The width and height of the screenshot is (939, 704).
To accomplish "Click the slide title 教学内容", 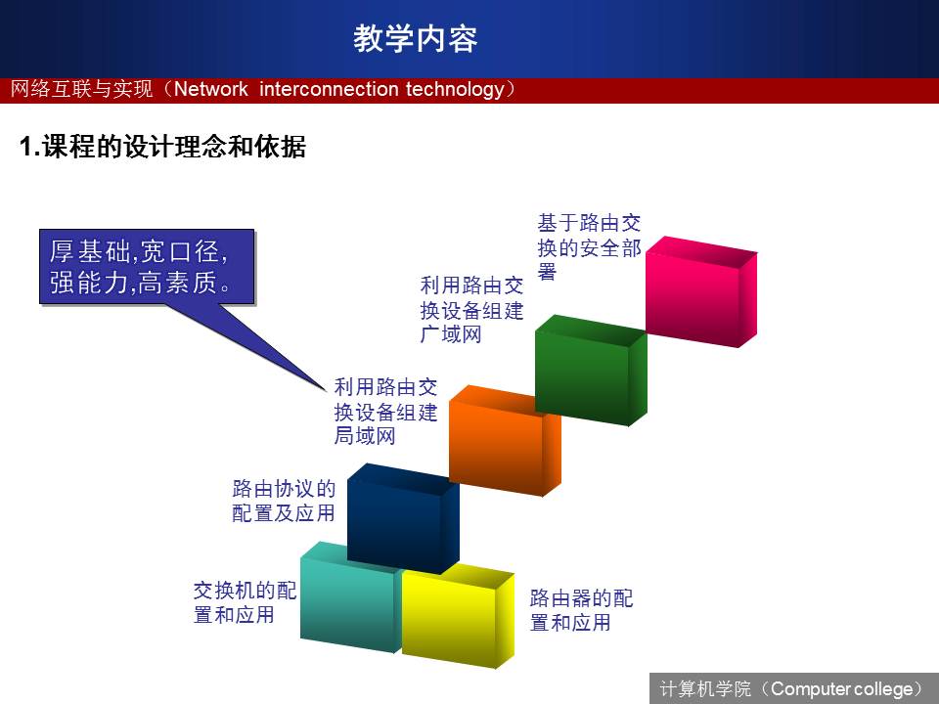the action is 415,38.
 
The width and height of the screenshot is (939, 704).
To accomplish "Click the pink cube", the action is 701,291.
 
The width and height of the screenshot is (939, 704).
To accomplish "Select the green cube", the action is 591,370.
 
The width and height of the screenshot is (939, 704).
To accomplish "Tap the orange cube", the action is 505,441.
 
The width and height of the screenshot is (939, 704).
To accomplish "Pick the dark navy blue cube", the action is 403,518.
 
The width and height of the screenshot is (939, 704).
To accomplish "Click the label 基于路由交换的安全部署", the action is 589,247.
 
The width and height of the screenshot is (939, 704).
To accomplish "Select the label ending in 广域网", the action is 471,310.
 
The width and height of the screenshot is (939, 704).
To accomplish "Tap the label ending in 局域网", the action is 385,412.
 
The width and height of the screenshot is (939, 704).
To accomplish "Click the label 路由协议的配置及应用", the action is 284,501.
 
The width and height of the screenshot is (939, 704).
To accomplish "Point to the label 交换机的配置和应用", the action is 245,602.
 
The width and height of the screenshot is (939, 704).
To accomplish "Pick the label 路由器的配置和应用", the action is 581,610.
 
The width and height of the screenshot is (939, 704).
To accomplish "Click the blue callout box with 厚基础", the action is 148,267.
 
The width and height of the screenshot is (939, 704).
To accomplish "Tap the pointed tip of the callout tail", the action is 326,392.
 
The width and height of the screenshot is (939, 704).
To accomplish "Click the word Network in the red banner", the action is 211,89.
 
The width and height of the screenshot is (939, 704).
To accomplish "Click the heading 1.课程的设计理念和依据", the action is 163,147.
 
